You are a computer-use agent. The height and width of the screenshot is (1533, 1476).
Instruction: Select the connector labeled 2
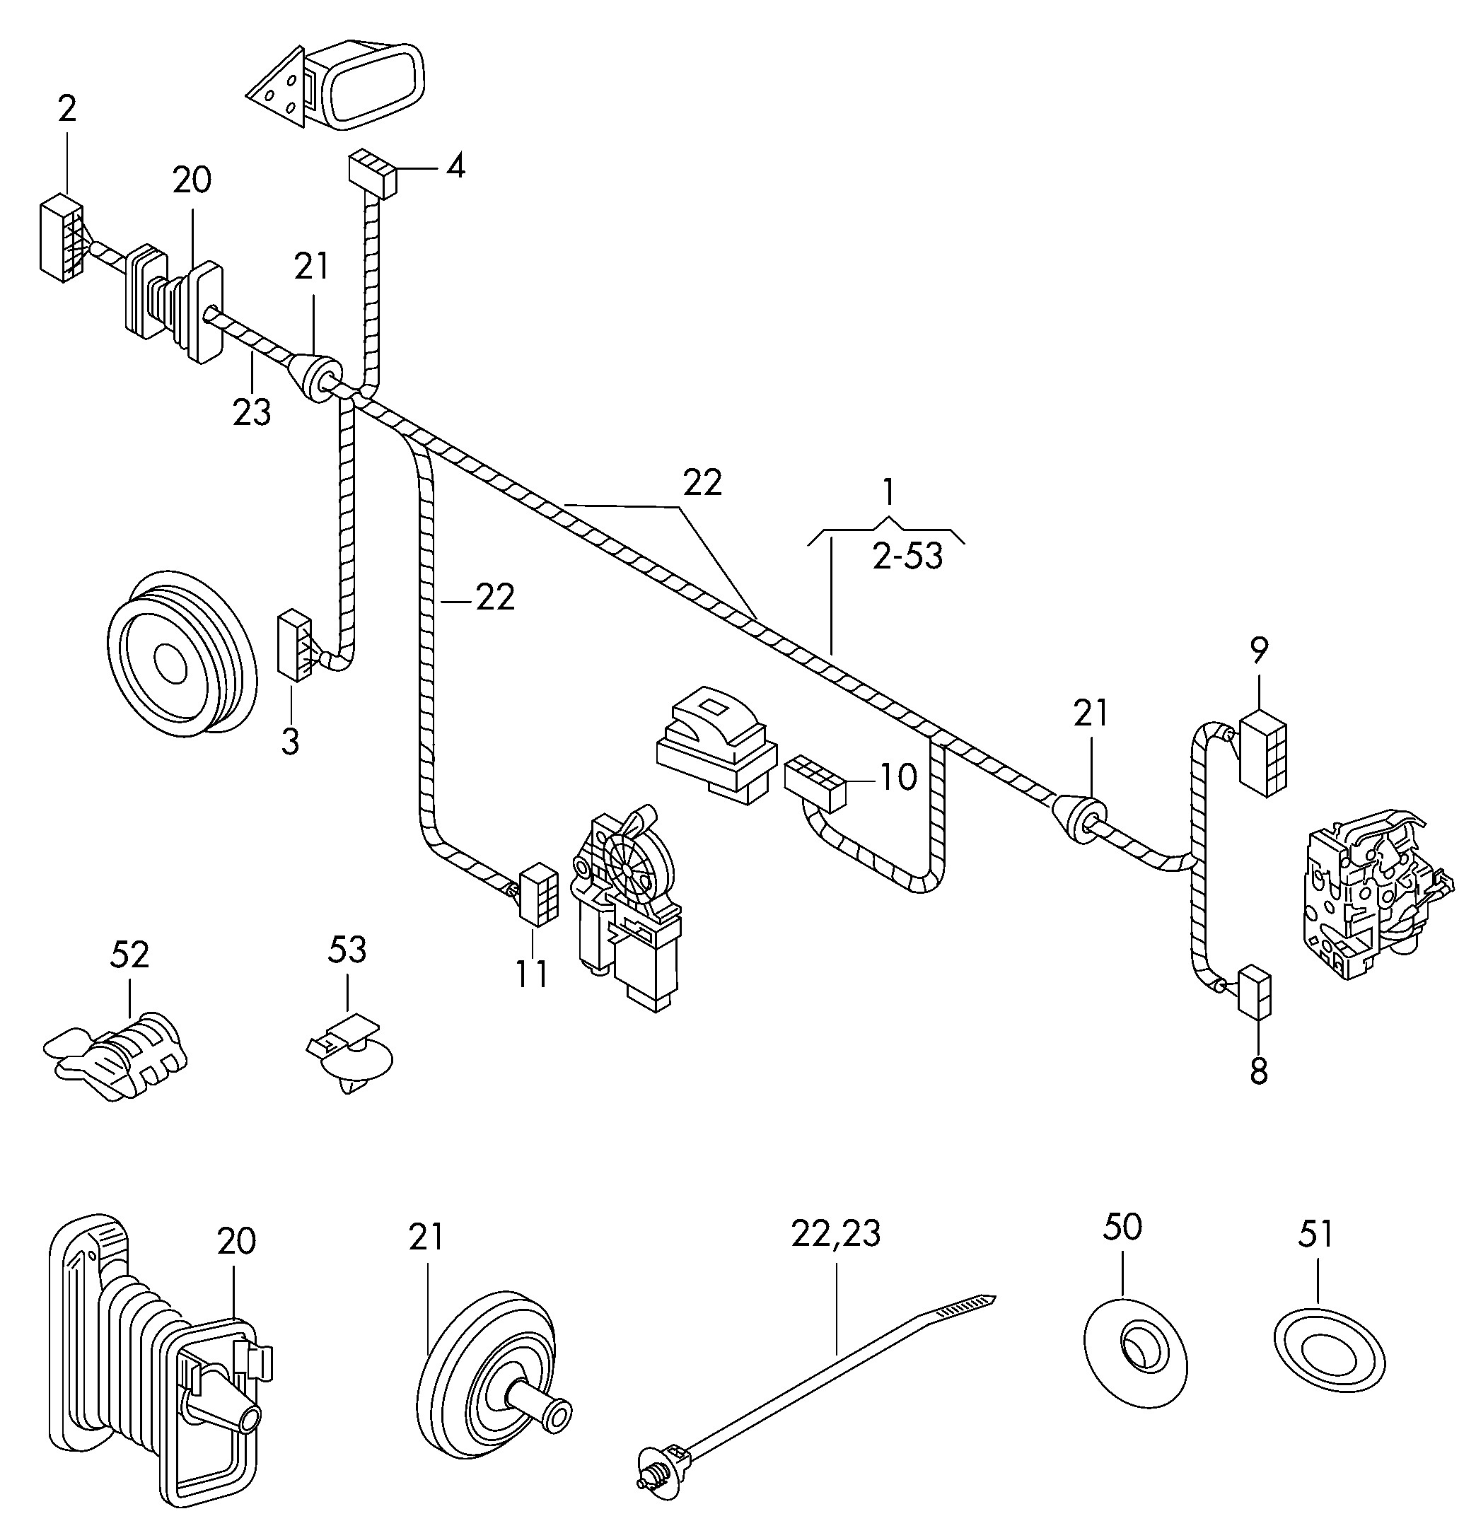61,238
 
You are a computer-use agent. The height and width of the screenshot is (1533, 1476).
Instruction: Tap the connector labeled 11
538,893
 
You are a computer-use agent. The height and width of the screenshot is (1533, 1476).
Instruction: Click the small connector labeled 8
1254,993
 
